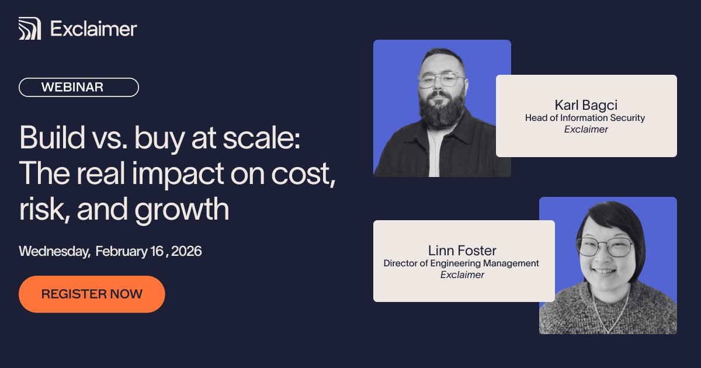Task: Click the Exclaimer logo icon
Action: coord(29,29)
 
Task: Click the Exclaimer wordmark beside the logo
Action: coord(93,29)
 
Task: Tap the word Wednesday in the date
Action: coord(54,251)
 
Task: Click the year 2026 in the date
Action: coord(183,251)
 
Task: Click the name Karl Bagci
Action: coord(586,105)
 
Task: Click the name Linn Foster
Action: coord(462,251)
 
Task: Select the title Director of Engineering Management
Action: coord(461,263)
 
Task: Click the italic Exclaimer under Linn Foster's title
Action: coord(462,275)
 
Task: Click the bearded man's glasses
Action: coord(441,81)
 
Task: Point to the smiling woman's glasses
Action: coord(605,246)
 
